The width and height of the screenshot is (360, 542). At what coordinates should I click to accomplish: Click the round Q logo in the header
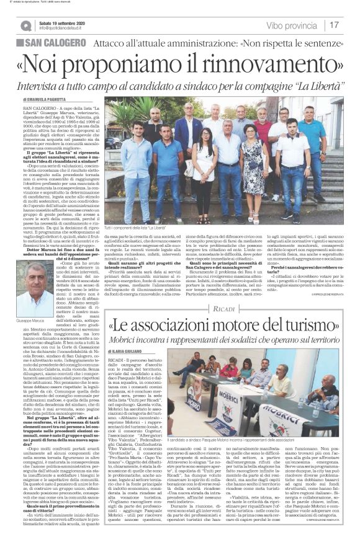pyautogui.click(x=25, y=25)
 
